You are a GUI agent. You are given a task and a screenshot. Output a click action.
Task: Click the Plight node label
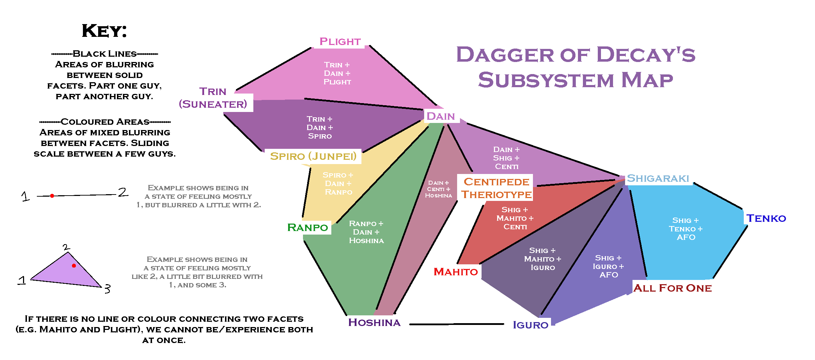340,41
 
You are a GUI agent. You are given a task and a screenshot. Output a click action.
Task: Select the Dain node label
440,116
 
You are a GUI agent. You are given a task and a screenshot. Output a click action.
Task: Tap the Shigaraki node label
658,178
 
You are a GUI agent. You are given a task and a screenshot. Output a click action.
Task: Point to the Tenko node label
766,218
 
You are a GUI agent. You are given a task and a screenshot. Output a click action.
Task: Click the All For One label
672,288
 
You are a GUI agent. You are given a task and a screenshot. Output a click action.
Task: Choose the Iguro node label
530,325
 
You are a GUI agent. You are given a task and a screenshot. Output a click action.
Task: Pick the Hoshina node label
374,322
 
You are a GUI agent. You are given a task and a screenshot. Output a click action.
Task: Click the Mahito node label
456,272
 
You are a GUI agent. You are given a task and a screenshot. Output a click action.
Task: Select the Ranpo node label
308,227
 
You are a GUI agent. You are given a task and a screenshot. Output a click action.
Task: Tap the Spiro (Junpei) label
313,156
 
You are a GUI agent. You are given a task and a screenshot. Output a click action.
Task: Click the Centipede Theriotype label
496,188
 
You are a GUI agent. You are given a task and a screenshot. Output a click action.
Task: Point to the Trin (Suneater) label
213,98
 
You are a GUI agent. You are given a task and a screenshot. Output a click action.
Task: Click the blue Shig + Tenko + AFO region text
686,229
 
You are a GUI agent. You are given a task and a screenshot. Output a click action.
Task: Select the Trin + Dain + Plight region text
337,73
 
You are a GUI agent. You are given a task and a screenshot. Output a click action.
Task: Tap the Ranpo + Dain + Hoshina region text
366,232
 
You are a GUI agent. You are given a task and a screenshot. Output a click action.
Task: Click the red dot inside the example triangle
74,266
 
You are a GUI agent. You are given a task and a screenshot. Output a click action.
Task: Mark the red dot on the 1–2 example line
52,196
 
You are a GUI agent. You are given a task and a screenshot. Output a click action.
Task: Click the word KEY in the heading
104,31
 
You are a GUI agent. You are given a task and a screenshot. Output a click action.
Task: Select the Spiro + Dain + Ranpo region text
338,184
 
